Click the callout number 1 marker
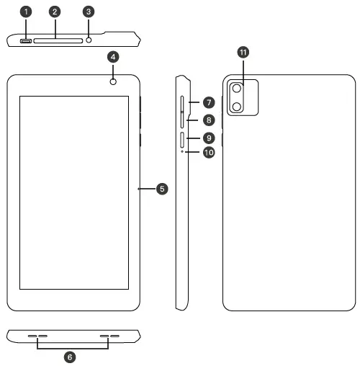click(x=27, y=12)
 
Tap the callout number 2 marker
click(x=56, y=12)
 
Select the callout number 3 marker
click(x=89, y=12)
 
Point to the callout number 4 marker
click(x=113, y=56)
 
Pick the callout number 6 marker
click(x=70, y=357)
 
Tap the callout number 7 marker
click(x=208, y=104)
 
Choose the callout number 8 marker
click(x=208, y=120)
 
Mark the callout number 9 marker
click(x=208, y=137)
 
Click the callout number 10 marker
click(x=208, y=152)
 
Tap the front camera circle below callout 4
click(x=113, y=82)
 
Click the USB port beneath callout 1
click(x=27, y=40)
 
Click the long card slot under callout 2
click(x=56, y=40)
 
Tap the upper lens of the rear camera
click(x=236, y=89)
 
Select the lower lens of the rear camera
click(x=236, y=107)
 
